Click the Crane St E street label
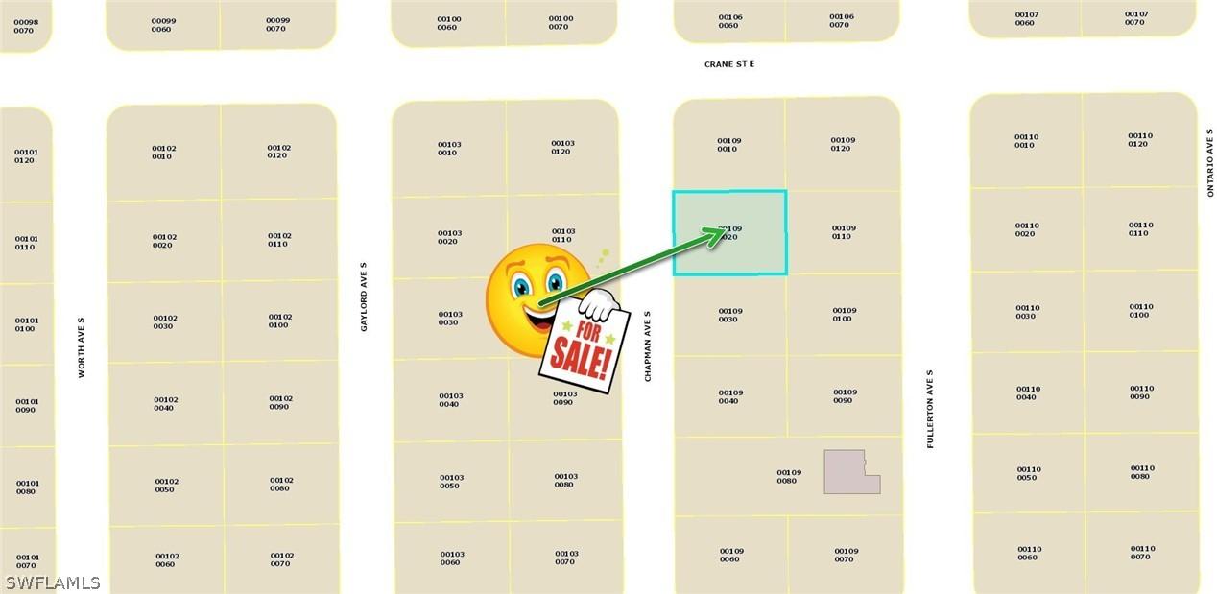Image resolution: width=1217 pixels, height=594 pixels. tap(729, 64)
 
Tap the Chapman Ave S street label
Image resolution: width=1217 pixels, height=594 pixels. tap(648, 345)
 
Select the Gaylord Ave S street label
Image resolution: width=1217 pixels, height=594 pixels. tap(364, 297)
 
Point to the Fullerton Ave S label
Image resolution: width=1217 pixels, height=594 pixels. tap(930, 409)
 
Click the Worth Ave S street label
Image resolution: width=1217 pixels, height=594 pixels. tap(82, 347)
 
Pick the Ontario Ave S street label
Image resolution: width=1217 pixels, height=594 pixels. tap(1210, 166)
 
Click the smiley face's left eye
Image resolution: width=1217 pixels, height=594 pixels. tap(521, 285)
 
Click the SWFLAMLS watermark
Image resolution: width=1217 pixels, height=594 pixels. tap(52, 582)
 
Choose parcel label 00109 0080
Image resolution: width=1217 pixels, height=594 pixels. tap(788, 476)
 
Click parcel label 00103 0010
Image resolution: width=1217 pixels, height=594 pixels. tap(449, 149)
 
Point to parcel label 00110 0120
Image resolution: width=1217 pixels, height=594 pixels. tap(1139, 140)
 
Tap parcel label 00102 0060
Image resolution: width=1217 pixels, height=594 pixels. tap(167, 559)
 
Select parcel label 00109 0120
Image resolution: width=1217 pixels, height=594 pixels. tap(843, 144)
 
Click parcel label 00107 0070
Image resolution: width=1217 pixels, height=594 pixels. tap(1135, 18)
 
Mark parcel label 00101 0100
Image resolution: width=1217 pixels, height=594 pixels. tap(27, 324)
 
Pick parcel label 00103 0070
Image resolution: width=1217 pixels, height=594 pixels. tap(566, 558)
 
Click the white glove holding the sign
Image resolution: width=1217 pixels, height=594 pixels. tap(599, 304)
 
